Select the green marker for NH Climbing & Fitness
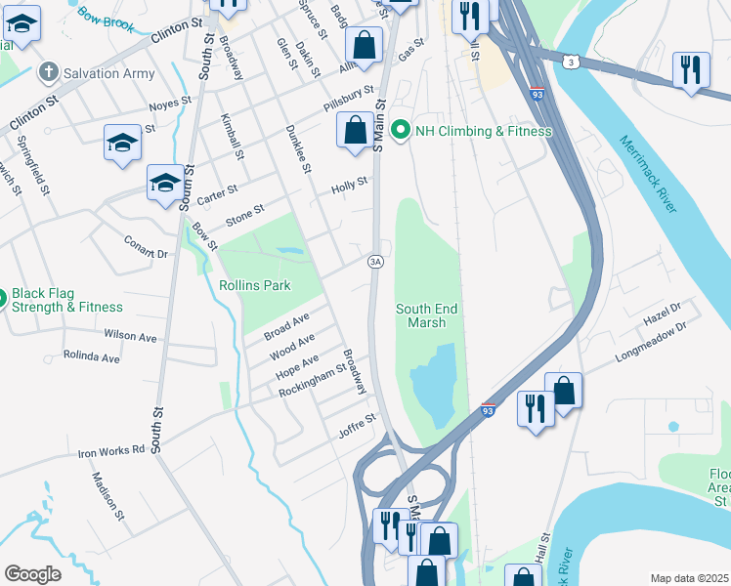399,131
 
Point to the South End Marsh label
426,316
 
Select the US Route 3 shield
570,62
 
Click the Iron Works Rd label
110,452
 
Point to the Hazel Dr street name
662,314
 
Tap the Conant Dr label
146,246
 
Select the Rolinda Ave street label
91,357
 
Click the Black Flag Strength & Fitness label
67,299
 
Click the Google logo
32,574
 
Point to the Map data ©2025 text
689,578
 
